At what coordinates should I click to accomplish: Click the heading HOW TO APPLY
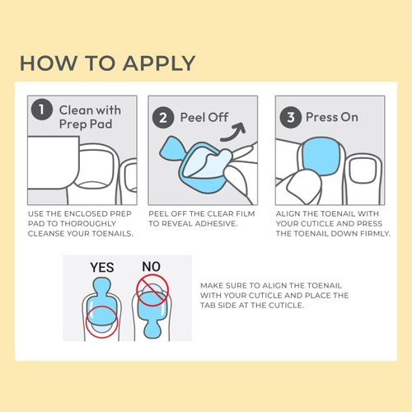pos(107,63)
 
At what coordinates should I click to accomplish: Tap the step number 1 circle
pos(40,110)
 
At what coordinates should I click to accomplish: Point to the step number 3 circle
pos(289,117)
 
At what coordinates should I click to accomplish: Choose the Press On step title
pos(331,117)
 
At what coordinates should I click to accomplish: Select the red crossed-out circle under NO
pos(152,291)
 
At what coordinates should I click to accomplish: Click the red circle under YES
pos(102,321)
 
